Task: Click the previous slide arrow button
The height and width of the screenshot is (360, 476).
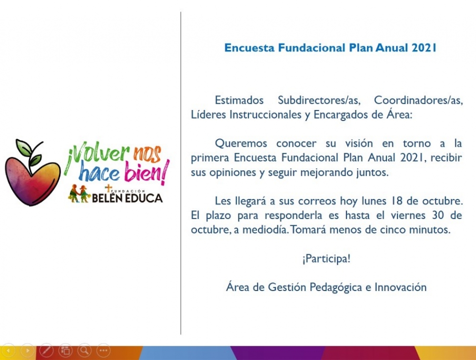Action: pyautogui.click(x=8, y=350)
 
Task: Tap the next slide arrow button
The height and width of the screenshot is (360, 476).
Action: pyautogui.click(x=27, y=350)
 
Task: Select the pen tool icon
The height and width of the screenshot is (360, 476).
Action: pyautogui.click(x=47, y=350)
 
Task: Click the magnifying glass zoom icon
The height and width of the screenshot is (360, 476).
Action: pyautogui.click(x=84, y=350)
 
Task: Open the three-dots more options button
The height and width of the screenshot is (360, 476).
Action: pyautogui.click(x=103, y=350)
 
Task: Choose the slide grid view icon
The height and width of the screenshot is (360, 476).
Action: pyautogui.click(x=66, y=350)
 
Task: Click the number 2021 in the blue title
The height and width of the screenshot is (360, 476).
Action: pyautogui.click(x=424, y=48)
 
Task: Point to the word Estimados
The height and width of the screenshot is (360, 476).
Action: pyautogui.click(x=239, y=100)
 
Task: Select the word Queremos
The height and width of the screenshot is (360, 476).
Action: pyautogui.click(x=241, y=143)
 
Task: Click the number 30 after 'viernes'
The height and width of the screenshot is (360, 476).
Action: pyautogui.click(x=438, y=215)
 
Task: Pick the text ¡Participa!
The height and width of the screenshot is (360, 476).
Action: pyautogui.click(x=327, y=259)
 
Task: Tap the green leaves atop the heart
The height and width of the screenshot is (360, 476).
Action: pyautogui.click(x=29, y=152)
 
